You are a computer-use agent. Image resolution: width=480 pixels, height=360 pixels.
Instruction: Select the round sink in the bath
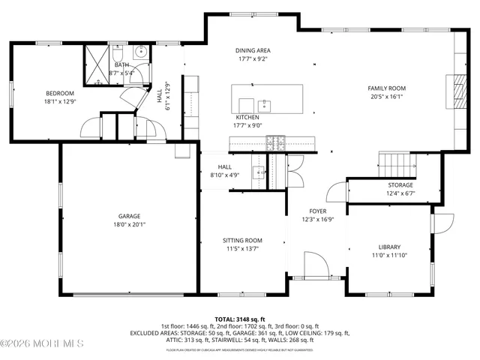coord(140,54)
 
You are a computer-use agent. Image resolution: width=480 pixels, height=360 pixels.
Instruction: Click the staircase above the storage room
coord(394,162)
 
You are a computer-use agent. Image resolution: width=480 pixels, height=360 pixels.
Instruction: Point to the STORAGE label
coord(400,185)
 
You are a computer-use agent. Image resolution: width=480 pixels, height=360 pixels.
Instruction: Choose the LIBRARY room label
coord(388,247)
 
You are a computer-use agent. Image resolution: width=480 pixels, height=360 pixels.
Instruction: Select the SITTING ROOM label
coord(242,241)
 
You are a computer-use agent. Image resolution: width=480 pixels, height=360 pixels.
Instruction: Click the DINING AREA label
coord(253,49)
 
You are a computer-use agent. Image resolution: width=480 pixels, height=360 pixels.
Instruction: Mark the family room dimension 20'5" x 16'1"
coord(387,96)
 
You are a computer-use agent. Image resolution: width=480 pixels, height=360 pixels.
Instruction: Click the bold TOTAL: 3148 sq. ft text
coord(240,319)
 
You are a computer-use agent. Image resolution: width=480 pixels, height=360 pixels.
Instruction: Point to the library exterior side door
coord(443,223)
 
